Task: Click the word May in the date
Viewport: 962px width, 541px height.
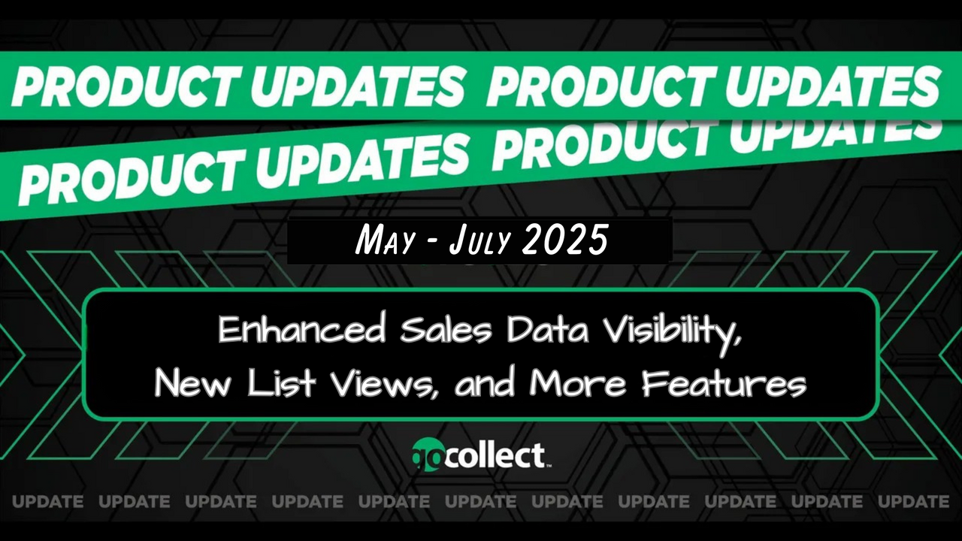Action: tap(384, 241)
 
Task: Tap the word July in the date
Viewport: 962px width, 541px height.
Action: tap(479, 241)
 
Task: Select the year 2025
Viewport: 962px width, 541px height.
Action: tap(565, 240)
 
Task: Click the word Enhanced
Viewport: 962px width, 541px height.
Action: tap(301, 330)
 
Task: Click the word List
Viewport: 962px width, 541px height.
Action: tap(282, 382)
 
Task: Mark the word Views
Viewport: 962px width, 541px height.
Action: tap(380, 382)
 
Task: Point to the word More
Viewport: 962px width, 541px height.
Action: tap(578, 383)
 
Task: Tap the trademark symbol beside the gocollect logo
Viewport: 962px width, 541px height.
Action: tap(549, 465)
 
